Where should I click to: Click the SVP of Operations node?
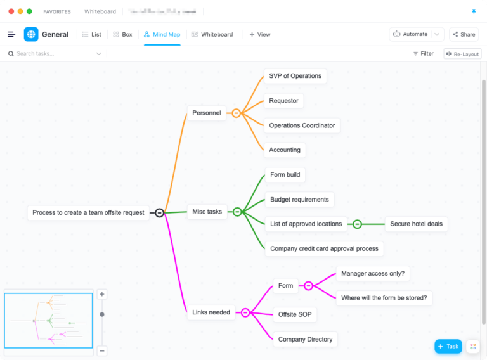(295, 76)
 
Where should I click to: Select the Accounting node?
(285, 150)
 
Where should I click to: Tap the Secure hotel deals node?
(416, 224)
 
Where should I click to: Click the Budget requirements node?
(299, 200)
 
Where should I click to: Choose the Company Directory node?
(305, 340)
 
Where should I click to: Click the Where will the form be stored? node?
(384, 298)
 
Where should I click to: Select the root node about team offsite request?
(88, 213)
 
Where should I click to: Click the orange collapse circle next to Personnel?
(236, 113)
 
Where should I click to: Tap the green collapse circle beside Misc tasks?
(237, 212)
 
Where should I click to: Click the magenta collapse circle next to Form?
(308, 286)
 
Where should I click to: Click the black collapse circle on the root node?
(160, 213)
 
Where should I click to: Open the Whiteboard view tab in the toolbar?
(212, 35)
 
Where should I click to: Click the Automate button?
(410, 34)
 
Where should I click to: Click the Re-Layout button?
(462, 54)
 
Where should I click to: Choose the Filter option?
(423, 54)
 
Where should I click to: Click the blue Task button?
(448, 347)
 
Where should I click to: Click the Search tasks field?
(54, 54)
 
